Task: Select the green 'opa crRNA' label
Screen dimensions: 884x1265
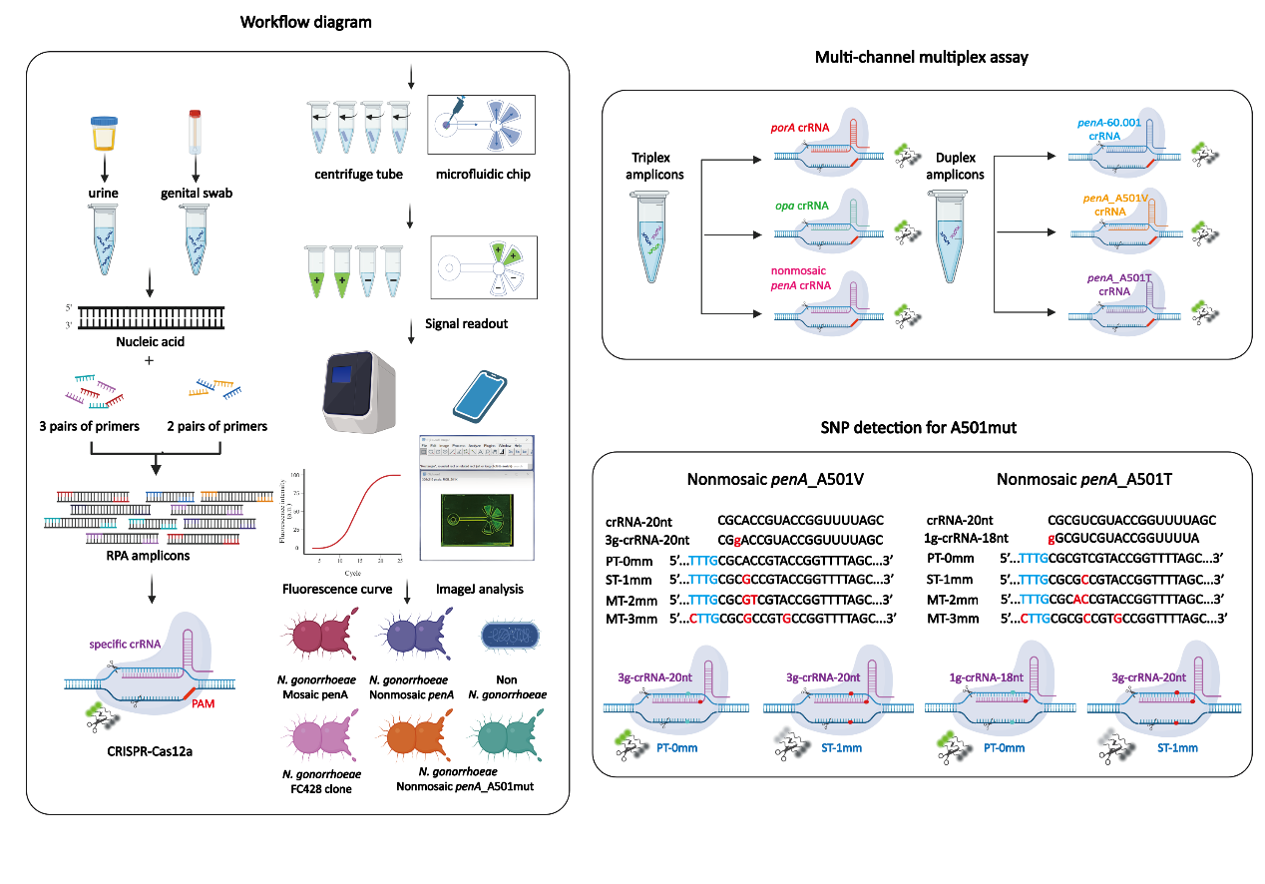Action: pyautogui.click(x=801, y=206)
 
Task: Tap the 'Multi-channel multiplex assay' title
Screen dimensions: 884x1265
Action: pyautogui.click(x=921, y=58)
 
